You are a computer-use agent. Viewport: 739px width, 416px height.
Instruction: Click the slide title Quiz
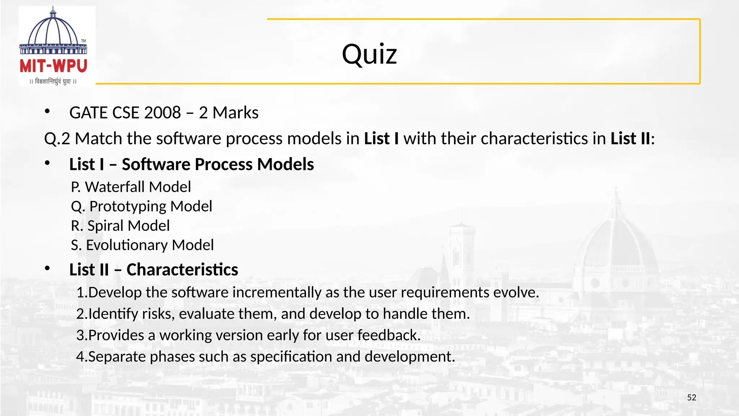click(369, 54)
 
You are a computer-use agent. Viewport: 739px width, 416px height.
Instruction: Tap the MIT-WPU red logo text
click(53, 66)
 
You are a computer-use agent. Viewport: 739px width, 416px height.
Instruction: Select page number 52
click(691, 398)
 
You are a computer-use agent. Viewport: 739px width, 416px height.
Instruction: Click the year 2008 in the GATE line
click(162, 113)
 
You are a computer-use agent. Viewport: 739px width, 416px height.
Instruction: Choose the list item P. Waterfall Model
click(131, 187)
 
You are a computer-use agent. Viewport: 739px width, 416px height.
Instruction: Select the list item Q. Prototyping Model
click(141, 207)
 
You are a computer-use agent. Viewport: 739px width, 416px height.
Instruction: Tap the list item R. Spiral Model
click(120, 226)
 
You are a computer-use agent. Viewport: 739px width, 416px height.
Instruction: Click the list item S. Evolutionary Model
click(142, 245)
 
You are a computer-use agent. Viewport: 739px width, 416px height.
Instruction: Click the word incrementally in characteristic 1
click(276, 292)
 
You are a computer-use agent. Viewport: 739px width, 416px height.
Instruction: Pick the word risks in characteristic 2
click(158, 314)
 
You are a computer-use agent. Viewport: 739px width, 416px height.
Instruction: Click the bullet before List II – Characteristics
click(47, 269)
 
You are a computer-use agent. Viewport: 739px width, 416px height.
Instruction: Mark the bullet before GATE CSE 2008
click(47, 112)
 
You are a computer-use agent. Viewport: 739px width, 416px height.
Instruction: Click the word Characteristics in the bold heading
click(182, 270)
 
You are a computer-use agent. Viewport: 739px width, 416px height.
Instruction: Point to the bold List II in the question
click(630, 139)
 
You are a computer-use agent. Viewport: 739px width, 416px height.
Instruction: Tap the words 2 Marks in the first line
click(228, 113)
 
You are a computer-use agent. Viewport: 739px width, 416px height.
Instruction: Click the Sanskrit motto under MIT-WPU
click(53, 81)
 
